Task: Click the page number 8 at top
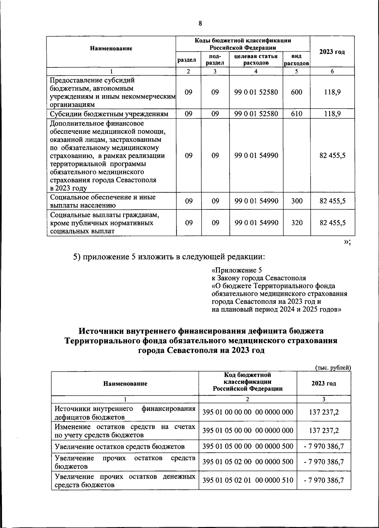pyautogui.click(x=200, y=23)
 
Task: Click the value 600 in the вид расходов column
pyautogui.click(x=296, y=92)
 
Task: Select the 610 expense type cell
pyautogui.click(x=296, y=114)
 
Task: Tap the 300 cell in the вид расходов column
pyautogui.click(x=296, y=201)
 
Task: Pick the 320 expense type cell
pyautogui.click(x=296, y=223)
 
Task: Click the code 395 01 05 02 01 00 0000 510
pyautogui.click(x=248, y=480)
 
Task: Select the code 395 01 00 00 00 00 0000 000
pyautogui.click(x=248, y=412)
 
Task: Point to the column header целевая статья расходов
pyautogui.click(x=256, y=59)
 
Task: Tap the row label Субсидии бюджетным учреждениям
pyautogui.click(x=111, y=114)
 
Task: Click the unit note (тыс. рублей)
pyautogui.click(x=333, y=367)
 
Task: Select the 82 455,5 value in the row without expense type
pyautogui.click(x=332, y=156)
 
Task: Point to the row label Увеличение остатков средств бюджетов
pyautogui.click(x=119, y=446)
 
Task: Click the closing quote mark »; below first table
pyautogui.click(x=347, y=242)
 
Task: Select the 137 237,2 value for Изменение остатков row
pyautogui.click(x=324, y=430)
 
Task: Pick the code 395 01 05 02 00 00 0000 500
pyautogui.click(x=248, y=462)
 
